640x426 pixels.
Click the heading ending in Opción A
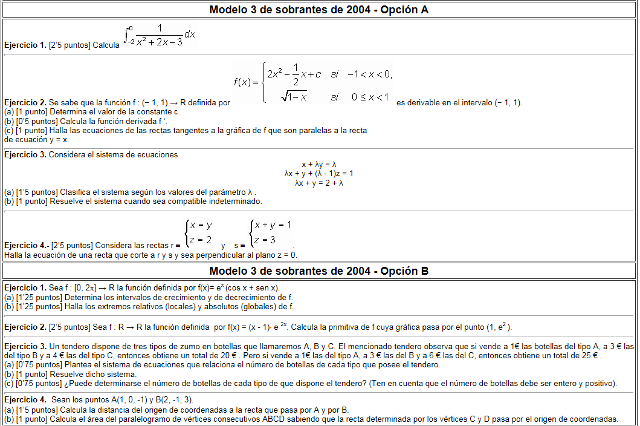319,10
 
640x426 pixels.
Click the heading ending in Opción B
319,271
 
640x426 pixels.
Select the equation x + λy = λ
318,164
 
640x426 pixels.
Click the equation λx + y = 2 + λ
318,183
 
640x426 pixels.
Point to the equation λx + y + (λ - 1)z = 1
318,174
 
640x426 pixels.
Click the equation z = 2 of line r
200,240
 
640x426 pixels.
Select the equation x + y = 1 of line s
273,225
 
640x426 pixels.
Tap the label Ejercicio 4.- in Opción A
26,246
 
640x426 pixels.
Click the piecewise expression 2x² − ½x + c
294,74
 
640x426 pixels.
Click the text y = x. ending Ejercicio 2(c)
58,139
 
